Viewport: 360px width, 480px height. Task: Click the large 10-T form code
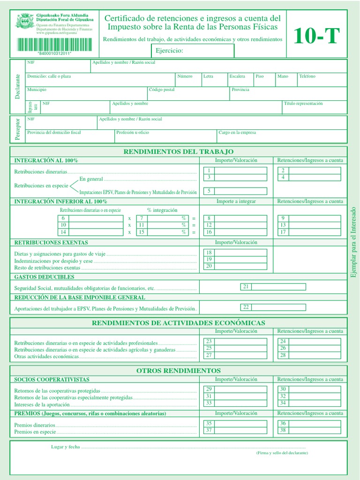point(315,36)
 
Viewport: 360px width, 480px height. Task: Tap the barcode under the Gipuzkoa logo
point(54,45)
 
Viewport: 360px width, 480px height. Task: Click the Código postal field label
point(162,89)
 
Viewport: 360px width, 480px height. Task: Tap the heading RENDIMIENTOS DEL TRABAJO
point(178,151)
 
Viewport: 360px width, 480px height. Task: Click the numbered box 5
point(234,191)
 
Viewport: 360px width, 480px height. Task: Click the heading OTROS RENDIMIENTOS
point(178,370)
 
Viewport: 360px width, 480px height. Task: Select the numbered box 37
point(234,430)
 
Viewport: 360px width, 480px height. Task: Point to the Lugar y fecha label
point(65,447)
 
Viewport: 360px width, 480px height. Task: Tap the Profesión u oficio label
point(133,133)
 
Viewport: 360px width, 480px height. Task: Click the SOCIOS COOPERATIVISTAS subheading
point(52,379)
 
